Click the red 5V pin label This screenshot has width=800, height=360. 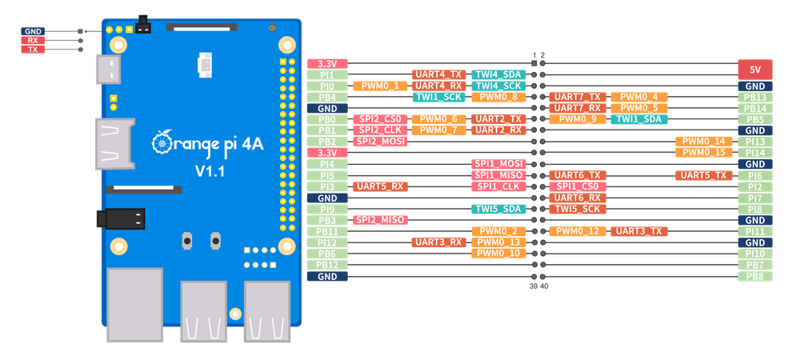click(754, 70)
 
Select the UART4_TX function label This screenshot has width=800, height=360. click(438, 74)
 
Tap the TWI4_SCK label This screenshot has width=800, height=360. click(498, 86)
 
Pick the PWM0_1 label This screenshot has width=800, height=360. click(379, 86)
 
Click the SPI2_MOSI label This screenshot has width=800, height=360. click(379, 142)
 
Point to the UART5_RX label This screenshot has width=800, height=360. click(379, 186)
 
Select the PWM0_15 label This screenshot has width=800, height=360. click(703, 152)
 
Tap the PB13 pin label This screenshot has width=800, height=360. click(754, 97)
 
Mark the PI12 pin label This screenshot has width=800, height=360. click(326, 242)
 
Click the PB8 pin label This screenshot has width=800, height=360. click(754, 276)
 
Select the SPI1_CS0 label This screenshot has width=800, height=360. click(577, 186)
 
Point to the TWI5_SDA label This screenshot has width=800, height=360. click(498, 209)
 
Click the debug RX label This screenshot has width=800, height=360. click(33, 40)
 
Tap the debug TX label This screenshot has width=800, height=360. click(33, 50)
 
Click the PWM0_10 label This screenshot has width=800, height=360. click(498, 254)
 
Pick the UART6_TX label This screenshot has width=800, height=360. click(577, 175)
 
